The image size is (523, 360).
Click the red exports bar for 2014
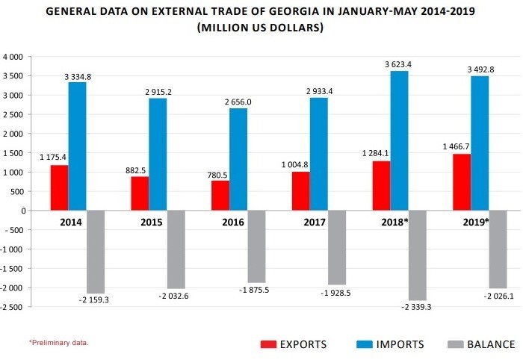(x=59, y=187)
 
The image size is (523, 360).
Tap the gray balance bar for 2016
(x=256, y=246)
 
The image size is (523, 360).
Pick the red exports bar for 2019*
(x=461, y=182)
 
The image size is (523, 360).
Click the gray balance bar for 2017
(x=336, y=247)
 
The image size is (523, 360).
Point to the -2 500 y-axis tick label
(x=13, y=306)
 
